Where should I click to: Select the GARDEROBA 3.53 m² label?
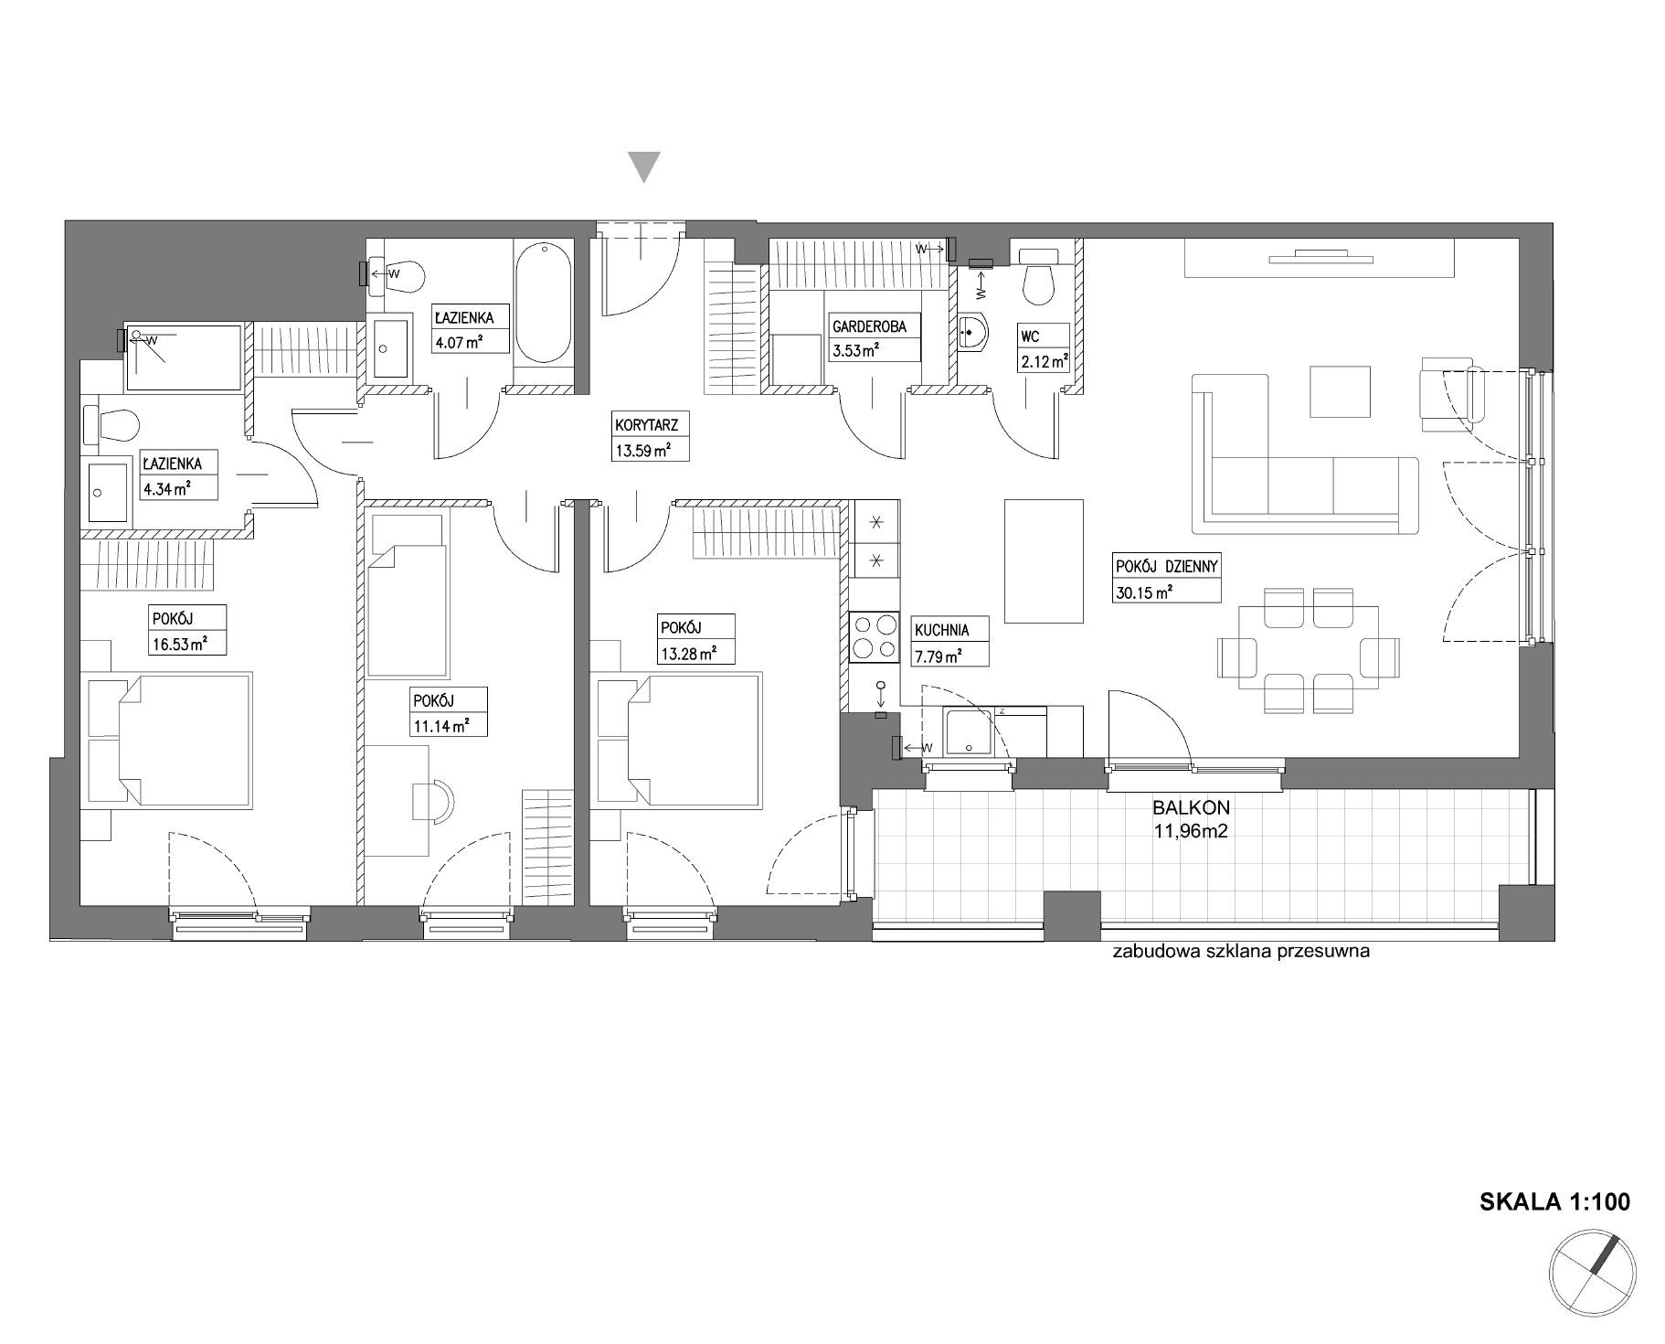(x=874, y=336)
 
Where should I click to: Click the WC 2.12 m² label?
(x=1044, y=348)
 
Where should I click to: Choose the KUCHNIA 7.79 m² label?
(x=940, y=641)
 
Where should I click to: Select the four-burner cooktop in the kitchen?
(x=874, y=637)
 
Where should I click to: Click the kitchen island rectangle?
(x=1044, y=560)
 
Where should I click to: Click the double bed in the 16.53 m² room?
(x=167, y=741)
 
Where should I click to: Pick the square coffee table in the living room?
(x=1341, y=391)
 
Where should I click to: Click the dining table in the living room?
(x=1308, y=647)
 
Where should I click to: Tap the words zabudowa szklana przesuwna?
(x=1241, y=951)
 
